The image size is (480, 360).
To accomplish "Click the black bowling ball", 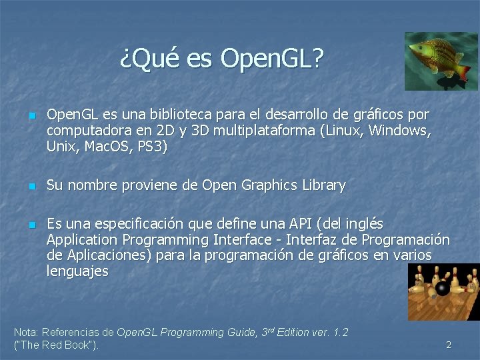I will click(442, 288).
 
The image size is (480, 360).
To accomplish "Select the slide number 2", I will click(449, 345).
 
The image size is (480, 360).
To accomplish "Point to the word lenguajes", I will click(77, 271).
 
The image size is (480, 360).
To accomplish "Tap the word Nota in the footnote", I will click(25, 332).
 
